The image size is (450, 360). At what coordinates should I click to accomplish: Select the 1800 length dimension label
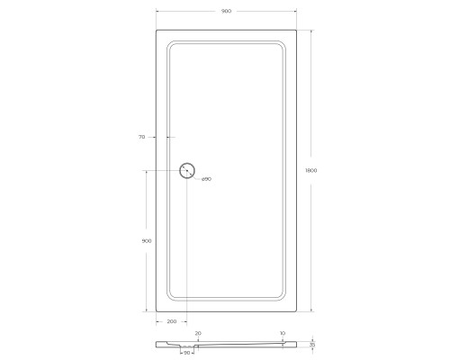tap(311, 170)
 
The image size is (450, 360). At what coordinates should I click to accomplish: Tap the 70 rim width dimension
tap(142, 138)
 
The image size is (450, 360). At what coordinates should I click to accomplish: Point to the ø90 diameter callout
tap(205, 179)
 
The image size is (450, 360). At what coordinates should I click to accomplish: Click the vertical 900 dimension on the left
tap(146, 240)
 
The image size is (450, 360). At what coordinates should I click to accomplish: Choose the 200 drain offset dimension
tap(171, 321)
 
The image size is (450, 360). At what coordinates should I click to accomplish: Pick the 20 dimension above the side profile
tap(198, 333)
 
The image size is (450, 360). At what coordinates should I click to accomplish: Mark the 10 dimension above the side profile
tap(282, 333)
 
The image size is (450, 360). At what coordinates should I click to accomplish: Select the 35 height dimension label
tap(312, 345)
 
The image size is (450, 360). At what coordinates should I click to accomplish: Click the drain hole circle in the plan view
tap(187, 170)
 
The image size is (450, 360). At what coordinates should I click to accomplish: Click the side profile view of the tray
tap(234, 344)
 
